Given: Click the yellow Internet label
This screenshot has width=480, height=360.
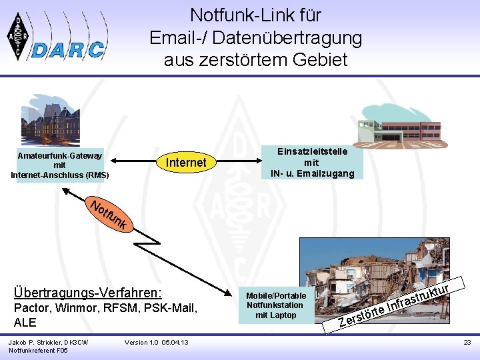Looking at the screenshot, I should [x=186, y=162].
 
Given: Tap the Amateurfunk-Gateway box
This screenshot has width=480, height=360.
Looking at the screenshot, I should [x=59, y=165].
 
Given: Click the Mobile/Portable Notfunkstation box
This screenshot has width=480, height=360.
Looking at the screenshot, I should [x=275, y=305].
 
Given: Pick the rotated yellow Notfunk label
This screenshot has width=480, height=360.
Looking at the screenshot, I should [x=107, y=214].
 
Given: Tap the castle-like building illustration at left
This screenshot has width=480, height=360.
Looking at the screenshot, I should [x=50, y=119].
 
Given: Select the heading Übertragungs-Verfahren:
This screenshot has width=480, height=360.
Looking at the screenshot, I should [x=87, y=293].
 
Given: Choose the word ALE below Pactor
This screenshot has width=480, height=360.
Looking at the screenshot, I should [x=25, y=323].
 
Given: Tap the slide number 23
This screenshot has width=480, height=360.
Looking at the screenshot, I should [x=467, y=342].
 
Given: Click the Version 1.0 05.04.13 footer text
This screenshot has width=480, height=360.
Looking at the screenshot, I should [x=157, y=342].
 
